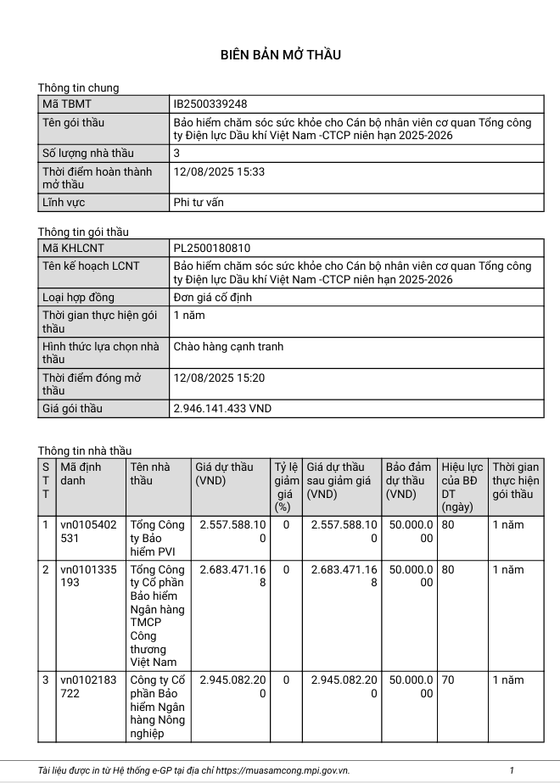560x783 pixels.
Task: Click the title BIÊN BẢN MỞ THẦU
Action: (x=280, y=55)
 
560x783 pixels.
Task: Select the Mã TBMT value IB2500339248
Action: (x=210, y=103)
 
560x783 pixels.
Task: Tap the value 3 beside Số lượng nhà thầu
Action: (x=176, y=154)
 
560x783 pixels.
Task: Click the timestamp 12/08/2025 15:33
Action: (x=219, y=171)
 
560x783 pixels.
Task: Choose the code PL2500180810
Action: (x=211, y=249)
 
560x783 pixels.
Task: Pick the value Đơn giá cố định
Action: (x=212, y=298)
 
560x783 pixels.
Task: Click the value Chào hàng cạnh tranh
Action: (x=228, y=346)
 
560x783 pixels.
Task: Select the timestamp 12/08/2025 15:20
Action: (x=219, y=378)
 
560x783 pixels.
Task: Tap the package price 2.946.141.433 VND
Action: (x=221, y=409)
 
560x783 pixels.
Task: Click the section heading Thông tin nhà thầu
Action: (x=85, y=450)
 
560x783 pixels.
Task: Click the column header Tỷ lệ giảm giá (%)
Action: (x=286, y=487)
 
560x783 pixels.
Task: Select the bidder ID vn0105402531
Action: (x=88, y=531)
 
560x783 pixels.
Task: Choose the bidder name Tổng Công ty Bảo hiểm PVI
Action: (x=157, y=538)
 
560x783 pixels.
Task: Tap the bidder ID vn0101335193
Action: (x=88, y=576)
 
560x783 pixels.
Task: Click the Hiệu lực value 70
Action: (x=448, y=680)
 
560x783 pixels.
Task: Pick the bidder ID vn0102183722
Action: (x=88, y=686)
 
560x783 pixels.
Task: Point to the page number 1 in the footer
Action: (x=512, y=770)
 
